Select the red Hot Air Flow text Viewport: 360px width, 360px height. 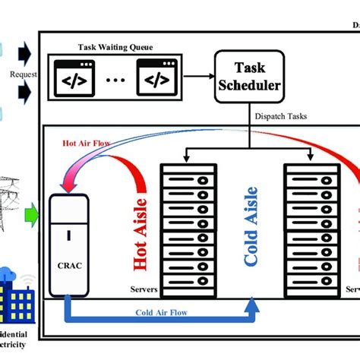tap(79, 141)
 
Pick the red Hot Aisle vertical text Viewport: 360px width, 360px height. tap(141, 231)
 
